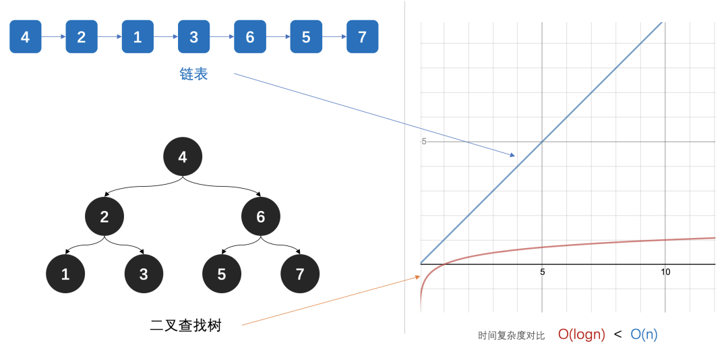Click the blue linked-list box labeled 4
[x=26, y=36]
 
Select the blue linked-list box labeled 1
[x=138, y=36]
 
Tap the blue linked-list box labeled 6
[x=250, y=36]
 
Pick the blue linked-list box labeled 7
[x=362, y=36]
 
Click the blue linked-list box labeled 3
[x=193, y=36]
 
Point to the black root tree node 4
[x=183, y=157]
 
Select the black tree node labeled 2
[x=104, y=216]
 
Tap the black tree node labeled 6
[x=260, y=216]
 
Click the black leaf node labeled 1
[x=65, y=274]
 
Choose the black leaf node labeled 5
[x=222, y=274]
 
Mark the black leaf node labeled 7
[x=300, y=274]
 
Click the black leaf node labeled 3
[x=144, y=274]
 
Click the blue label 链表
[x=193, y=74]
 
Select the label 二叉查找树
[x=186, y=326]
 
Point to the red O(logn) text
[x=582, y=334]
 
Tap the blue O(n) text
[x=644, y=334]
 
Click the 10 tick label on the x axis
[x=665, y=272]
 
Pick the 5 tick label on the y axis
[x=423, y=142]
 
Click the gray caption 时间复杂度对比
[x=511, y=335]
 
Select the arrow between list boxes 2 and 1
[x=110, y=36]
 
